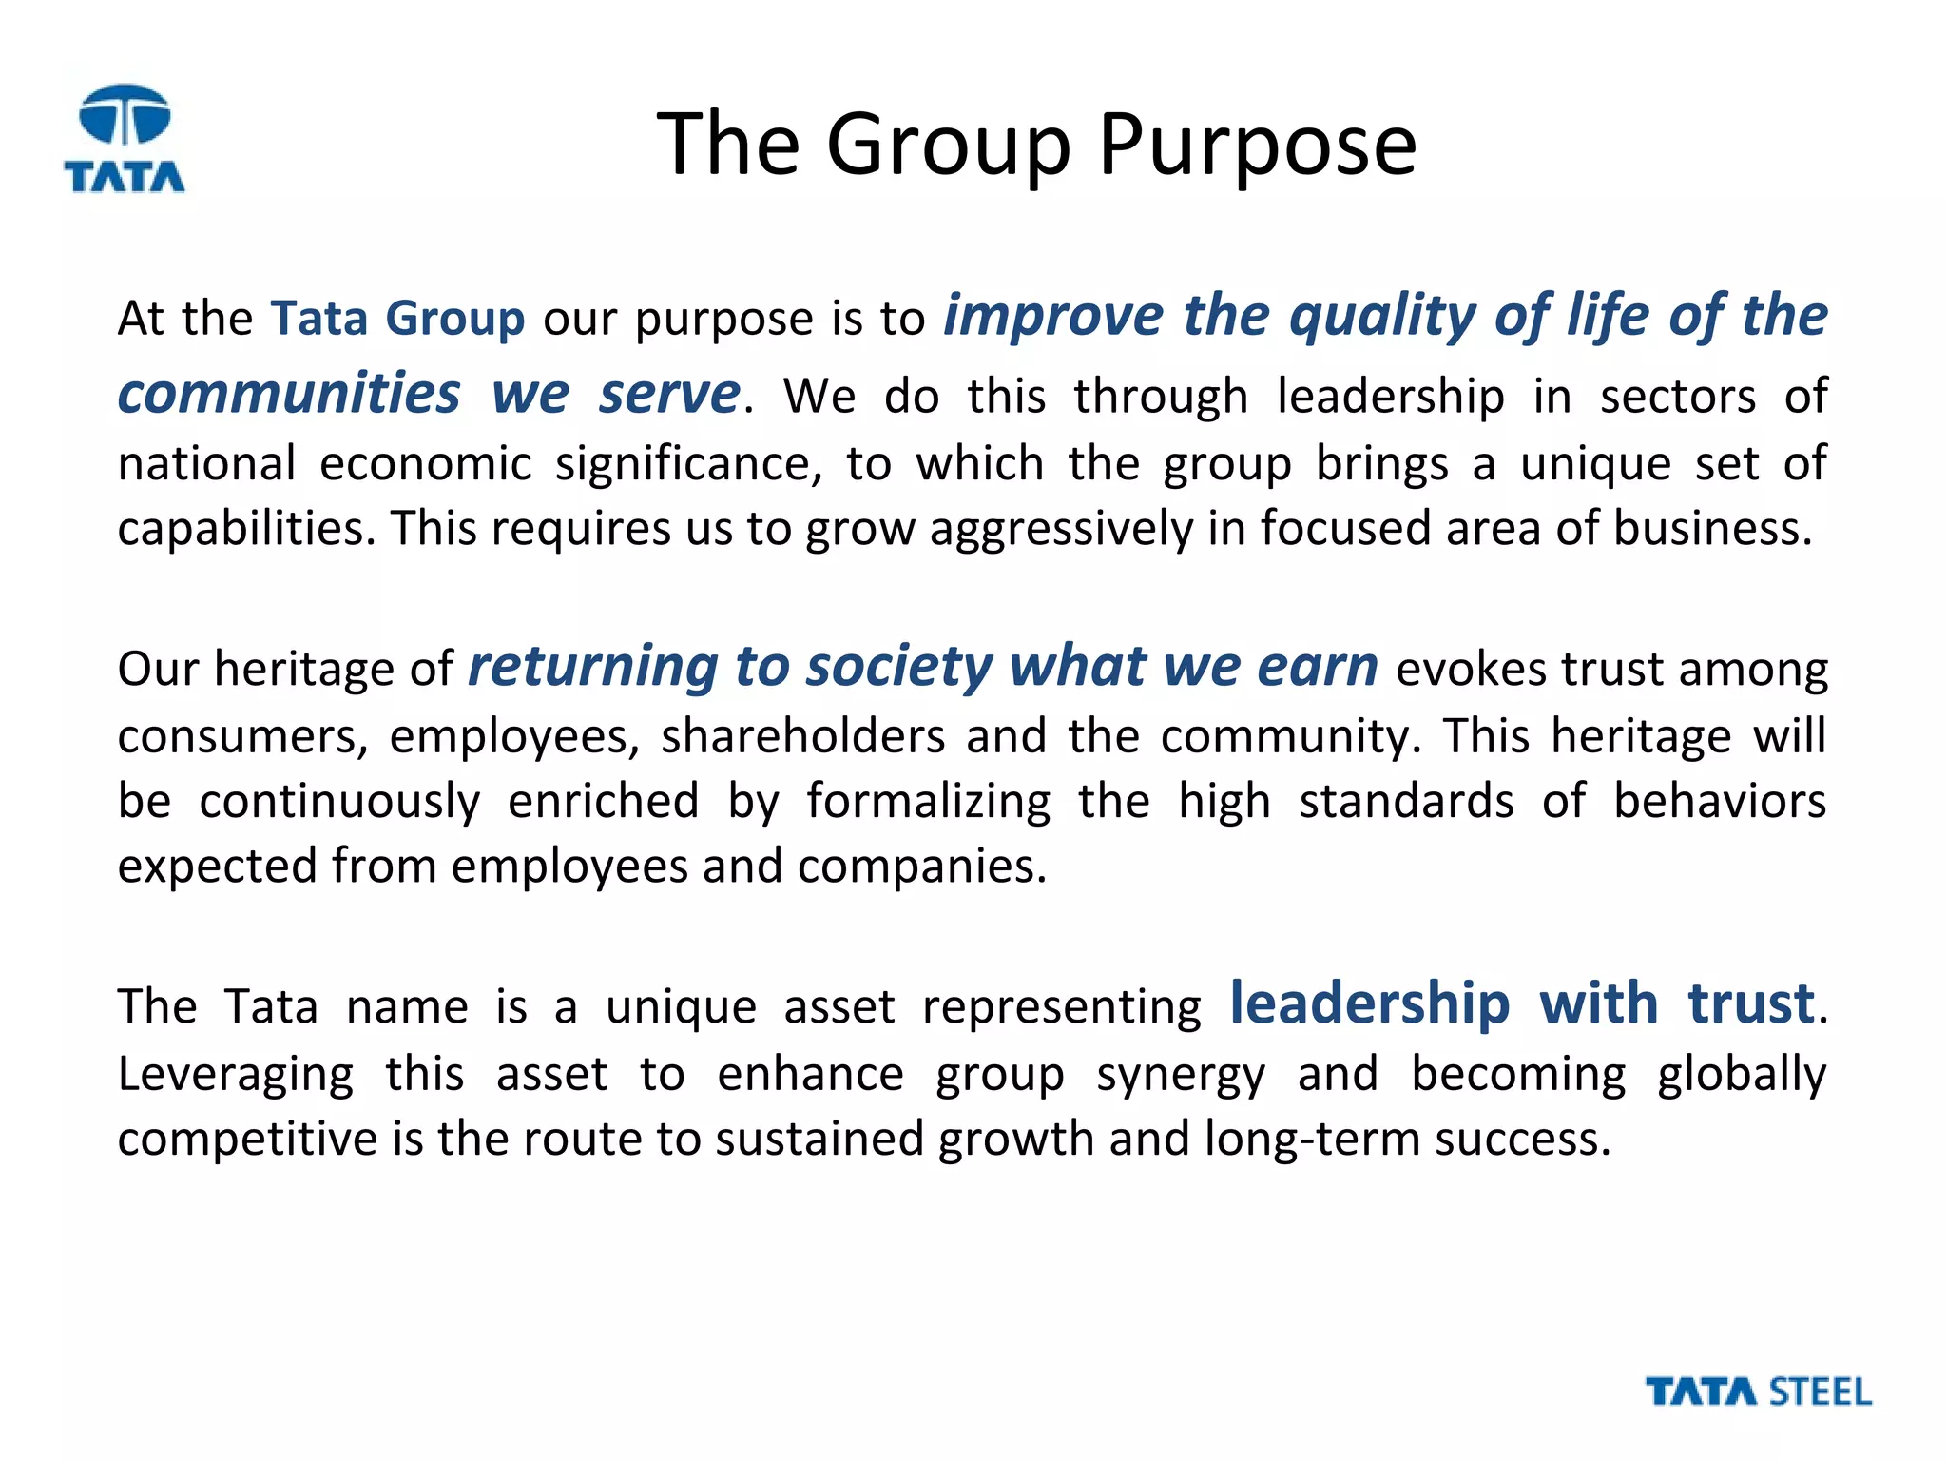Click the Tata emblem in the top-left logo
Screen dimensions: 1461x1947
[125, 114]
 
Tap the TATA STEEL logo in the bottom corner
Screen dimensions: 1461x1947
[1758, 1392]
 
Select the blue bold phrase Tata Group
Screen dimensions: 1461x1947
[397, 318]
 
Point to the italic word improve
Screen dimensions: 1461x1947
[1053, 316]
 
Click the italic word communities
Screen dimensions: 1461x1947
[289, 394]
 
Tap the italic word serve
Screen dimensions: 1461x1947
[668, 394]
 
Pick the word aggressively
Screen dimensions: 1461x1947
[1060, 529]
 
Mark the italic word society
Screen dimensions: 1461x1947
[899, 666]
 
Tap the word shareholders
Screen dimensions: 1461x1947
[803, 736]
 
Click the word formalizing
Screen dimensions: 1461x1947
[929, 801]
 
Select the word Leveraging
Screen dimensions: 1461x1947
[236, 1075]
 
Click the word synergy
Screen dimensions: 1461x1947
[1181, 1075]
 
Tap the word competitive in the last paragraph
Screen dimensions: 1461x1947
[247, 1139]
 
